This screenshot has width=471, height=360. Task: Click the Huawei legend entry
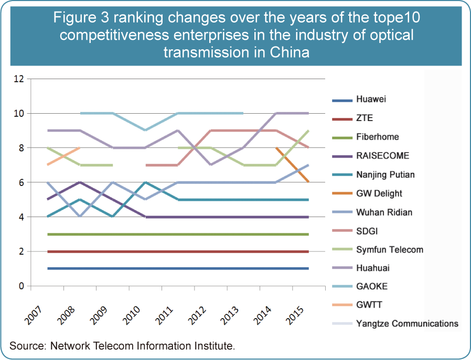click(371, 99)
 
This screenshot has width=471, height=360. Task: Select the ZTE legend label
click(364, 118)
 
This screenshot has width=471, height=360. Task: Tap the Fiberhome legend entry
click(377, 137)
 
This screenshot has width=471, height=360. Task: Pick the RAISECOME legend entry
click(382, 156)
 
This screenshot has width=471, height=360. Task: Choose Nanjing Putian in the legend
click(385, 174)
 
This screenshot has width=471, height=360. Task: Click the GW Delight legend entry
click(379, 193)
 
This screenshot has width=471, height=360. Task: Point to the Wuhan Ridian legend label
click(384, 212)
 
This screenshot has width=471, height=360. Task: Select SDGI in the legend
click(367, 231)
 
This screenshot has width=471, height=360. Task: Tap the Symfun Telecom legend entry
click(389, 249)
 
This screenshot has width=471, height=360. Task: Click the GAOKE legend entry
click(371, 287)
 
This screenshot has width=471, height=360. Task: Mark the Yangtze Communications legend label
click(407, 323)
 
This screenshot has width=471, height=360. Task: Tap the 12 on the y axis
click(19, 79)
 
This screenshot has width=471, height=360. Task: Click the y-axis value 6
click(21, 182)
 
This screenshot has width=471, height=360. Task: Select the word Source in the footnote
click(26, 346)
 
